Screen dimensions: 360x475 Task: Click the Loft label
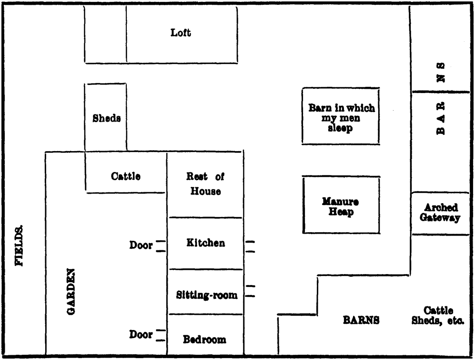[x=181, y=33]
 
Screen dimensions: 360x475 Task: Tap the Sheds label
[x=106, y=118]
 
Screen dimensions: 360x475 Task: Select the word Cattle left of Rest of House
[x=126, y=176]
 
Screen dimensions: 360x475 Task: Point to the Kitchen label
[x=205, y=243]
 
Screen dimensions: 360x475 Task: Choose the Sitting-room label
[x=207, y=295]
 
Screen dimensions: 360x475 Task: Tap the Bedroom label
[x=205, y=340]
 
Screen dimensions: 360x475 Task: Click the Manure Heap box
[x=341, y=206]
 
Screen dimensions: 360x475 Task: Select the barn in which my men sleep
[x=341, y=117]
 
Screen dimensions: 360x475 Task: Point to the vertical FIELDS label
[x=20, y=246]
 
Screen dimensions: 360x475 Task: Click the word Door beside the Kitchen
[x=141, y=246]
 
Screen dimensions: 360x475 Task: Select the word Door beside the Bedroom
[x=141, y=334]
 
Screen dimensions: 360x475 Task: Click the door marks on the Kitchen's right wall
[x=249, y=246]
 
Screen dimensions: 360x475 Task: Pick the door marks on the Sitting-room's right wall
[x=250, y=291]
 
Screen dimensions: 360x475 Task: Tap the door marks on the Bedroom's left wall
[x=161, y=335]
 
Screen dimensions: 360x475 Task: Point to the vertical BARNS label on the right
[x=441, y=99]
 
